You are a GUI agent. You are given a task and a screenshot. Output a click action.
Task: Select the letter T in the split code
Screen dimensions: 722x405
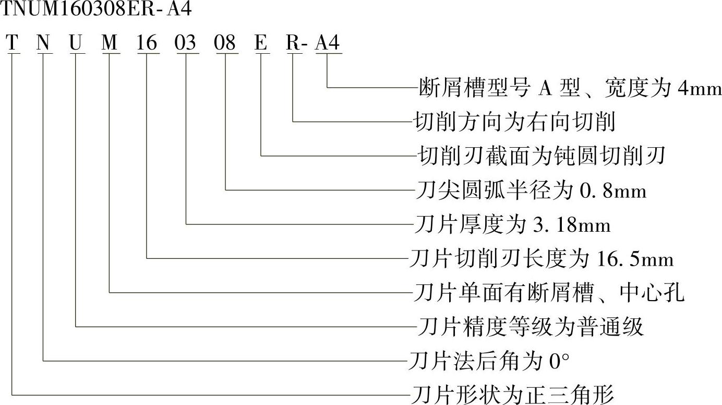pos(13,43)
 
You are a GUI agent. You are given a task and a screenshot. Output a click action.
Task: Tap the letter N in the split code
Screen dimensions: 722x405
pos(44,43)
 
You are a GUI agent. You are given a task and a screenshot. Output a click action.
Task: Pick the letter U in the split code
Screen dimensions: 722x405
pos(76,43)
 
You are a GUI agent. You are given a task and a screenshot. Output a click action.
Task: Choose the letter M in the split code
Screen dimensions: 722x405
pos(110,43)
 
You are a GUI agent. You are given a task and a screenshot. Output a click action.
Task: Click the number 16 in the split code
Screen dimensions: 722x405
pos(147,43)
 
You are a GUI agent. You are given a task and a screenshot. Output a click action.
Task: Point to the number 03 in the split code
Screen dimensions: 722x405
pos(186,43)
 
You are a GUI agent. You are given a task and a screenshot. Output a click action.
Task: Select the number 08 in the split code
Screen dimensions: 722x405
pos(225,43)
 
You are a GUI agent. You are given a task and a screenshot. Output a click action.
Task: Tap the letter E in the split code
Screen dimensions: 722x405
pos(261,43)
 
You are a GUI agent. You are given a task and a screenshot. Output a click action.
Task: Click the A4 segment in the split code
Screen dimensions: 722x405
pos(328,43)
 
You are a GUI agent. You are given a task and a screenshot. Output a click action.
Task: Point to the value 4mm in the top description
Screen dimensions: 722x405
pos(699,88)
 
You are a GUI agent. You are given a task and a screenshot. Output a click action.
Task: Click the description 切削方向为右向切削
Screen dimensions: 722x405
pos(514,122)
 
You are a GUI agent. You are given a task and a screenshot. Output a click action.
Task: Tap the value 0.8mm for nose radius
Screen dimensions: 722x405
pos(613,191)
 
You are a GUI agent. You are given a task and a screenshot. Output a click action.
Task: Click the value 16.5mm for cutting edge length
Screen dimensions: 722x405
pos(632,259)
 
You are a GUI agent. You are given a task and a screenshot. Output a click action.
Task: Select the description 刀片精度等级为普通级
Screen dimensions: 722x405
pos(531,327)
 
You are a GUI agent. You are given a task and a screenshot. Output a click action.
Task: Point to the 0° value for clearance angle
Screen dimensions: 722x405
pos(559,361)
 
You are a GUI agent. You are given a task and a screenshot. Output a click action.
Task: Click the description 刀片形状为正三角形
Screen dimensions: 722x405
pos(513,395)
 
